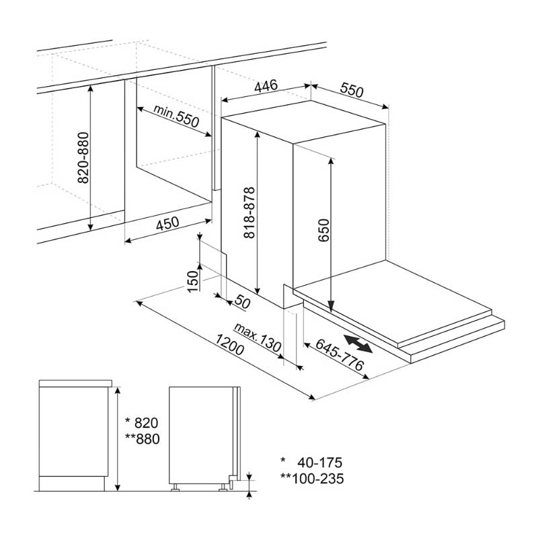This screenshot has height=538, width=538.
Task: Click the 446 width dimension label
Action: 266,86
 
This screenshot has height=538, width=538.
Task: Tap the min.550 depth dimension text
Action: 176,116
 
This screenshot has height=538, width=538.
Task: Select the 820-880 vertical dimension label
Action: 83,158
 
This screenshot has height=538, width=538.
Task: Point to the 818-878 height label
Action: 249,213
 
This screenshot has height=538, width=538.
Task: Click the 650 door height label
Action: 323,230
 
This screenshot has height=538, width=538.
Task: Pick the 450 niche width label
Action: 167,223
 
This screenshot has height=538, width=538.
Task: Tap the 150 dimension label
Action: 194,281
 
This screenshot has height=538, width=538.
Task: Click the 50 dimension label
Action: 243,302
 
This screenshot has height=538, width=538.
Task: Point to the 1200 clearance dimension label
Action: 229,344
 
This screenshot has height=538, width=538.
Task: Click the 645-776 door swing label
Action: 340,354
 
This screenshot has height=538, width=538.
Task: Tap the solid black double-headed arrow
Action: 358,344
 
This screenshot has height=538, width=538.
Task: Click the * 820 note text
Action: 142,423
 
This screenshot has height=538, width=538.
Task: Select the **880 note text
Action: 143,439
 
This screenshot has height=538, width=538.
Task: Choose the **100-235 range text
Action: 312,479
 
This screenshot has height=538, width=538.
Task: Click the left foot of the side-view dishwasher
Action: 176,487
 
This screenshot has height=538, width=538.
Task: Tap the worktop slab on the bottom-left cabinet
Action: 75,383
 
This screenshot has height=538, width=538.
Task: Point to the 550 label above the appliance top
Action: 351,90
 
